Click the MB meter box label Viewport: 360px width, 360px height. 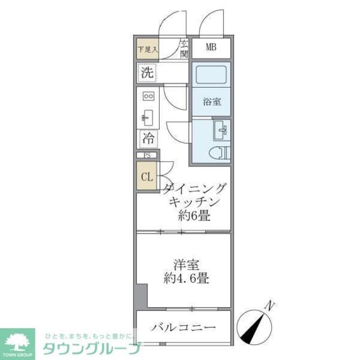click(x=210, y=47)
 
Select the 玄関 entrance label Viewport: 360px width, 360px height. click(x=184, y=49)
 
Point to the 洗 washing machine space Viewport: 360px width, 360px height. click(x=147, y=73)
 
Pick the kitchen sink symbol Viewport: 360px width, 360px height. click(x=148, y=116)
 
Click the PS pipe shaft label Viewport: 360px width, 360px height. click(x=147, y=156)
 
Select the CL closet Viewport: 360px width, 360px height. click(x=146, y=177)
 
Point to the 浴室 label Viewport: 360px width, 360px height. click(x=211, y=102)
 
